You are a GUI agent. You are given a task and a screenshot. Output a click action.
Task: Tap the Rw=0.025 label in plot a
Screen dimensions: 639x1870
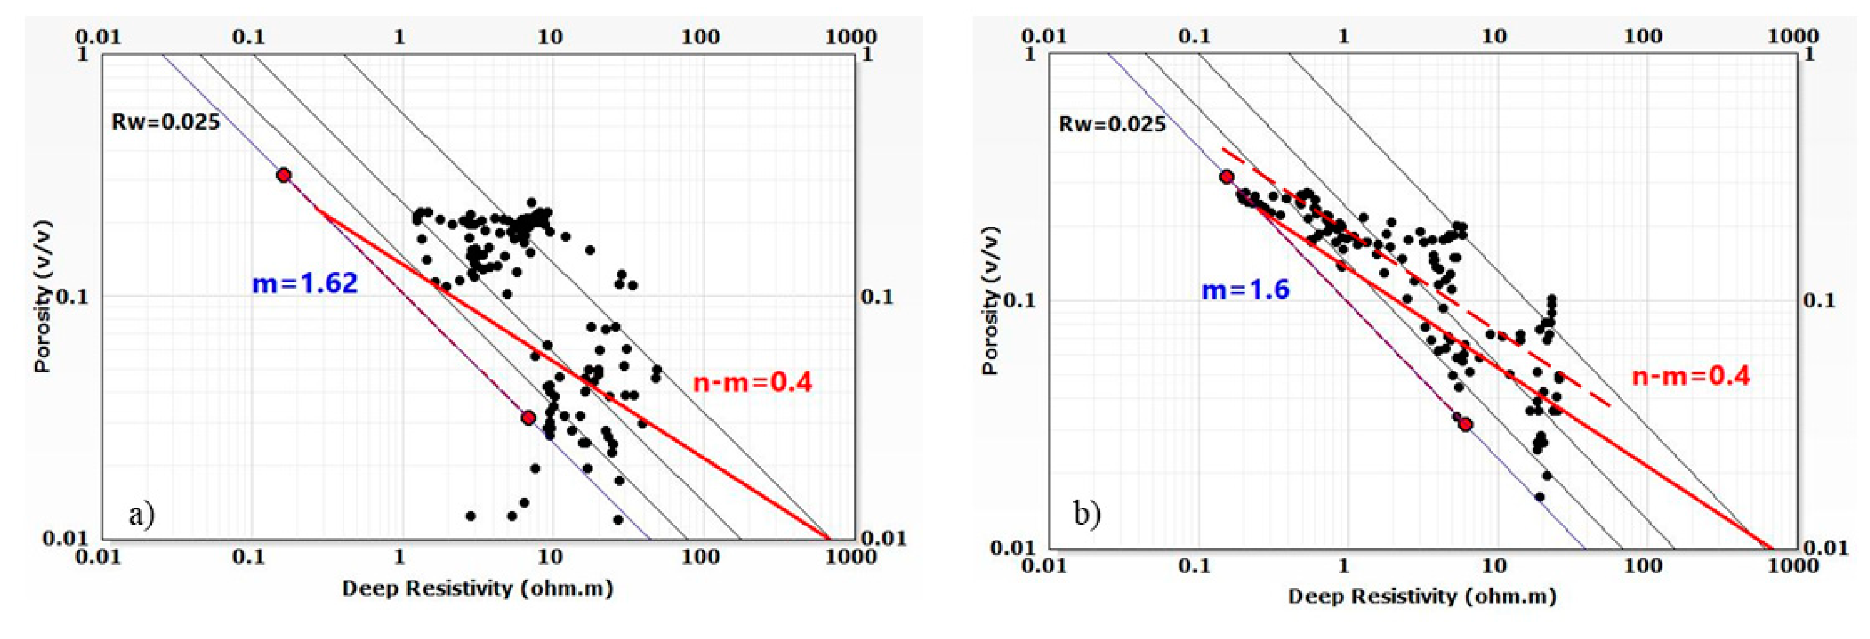(165, 121)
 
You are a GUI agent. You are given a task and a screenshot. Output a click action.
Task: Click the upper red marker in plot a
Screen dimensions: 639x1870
(284, 175)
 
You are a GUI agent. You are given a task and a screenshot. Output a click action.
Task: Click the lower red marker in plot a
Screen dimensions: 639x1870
(528, 418)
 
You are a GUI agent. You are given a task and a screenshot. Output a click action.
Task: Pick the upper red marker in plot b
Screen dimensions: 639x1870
(1226, 177)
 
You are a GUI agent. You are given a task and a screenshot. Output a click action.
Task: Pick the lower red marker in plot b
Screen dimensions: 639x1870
(1466, 424)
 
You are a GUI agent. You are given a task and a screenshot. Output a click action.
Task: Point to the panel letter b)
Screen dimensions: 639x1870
(1087, 514)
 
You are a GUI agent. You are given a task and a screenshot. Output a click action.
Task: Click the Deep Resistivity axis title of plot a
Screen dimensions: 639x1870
(477, 588)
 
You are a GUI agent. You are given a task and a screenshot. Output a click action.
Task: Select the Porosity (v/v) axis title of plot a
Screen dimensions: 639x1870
(44, 296)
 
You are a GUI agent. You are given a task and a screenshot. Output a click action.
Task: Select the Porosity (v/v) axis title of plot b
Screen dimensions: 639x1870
(990, 300)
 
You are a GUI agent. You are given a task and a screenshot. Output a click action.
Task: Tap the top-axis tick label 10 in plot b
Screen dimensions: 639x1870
(1493, 35)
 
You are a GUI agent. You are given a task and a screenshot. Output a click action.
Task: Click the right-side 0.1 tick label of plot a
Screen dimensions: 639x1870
(877, 296)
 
